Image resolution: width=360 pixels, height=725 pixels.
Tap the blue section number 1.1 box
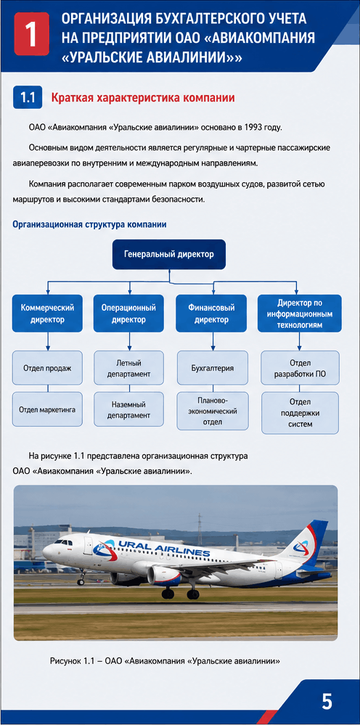pyautogui.click(x=28, y=98)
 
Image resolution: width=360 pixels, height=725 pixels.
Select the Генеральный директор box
pyautogui.click(x=169, y=254)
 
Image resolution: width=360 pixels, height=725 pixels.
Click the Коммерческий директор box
pyautogui.click(x=48, y=313)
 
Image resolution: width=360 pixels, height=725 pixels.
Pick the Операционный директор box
pyautogui.click(x=128, y=313)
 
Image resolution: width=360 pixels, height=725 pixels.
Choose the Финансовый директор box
pyautogui.click(x=212, y=313)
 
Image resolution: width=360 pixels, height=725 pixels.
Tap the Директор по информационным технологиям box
pyautogui.click(x=299, y=313)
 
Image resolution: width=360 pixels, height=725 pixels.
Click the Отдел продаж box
pyautogui.click(x=47, y=368)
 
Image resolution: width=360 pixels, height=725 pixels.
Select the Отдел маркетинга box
pyautogui.click(x=47, y=409)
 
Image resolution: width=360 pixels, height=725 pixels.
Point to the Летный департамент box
pyautogui.click(x=129, y=368)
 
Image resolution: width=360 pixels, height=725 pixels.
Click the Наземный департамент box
pyautogui.click(x=129, y=409)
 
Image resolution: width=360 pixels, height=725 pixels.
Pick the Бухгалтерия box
pyautogui.click(x=212, y=368)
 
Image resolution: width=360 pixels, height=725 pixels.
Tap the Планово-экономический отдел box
pyautogui.click(x=212, y=410)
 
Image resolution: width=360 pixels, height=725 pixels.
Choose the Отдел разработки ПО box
pyautogui.click(x=300, y=368)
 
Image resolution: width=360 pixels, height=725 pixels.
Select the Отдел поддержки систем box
pyautogui.click(x=300, y=413)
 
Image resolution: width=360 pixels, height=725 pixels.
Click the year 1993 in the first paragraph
pyautogui.click(x=253, y=127)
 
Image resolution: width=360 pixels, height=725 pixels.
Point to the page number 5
pyautogui.click(x=327, y=702)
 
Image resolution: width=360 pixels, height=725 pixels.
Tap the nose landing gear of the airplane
pyautogui.click(x=82, y=578)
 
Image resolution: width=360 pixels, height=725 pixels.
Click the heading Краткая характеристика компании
pyautogui.click(x=143, y=98)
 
